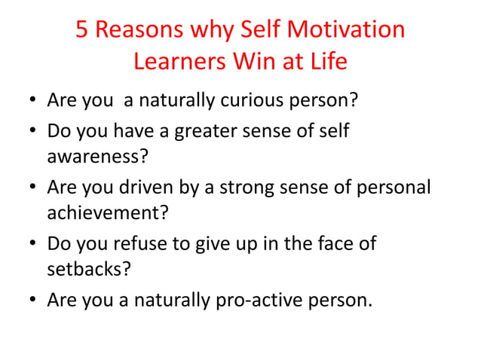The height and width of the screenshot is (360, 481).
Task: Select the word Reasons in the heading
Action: click(140, 30)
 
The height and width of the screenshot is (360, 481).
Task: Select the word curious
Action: click(255, 100)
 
